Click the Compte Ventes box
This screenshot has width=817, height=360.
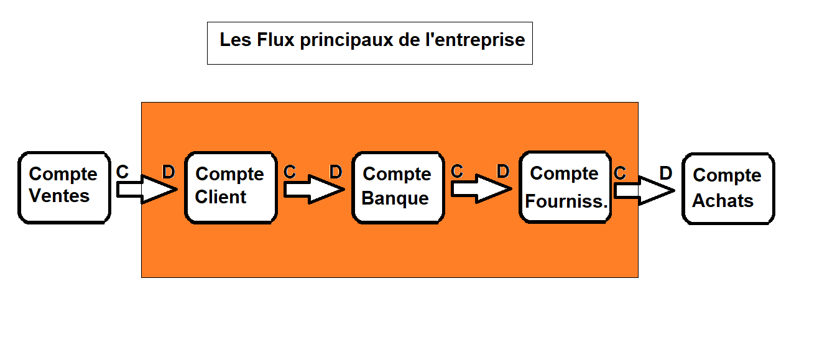[x=64, y=187]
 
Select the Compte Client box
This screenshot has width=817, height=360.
[x=231, y=187]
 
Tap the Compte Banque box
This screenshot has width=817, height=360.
[x=398, y=187]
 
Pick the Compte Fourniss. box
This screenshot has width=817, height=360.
[x=565, y=187]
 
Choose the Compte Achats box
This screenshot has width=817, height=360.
[x=728, y=188]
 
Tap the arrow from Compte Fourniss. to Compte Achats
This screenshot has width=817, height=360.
[x=644, y=190]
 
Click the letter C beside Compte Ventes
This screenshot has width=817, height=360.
[x=122, y=172]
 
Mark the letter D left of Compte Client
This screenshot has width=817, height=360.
[x=168, y=172]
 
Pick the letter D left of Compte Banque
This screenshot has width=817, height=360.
[x=336, y=172]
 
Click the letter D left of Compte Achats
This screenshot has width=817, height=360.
[x=666, y=173]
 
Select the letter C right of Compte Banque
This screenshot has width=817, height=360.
[x=457, y=171]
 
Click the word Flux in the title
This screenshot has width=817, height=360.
[x=273, y=40]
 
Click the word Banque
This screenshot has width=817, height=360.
[x=395, y=198]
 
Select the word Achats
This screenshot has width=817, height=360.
[x=723, y=201]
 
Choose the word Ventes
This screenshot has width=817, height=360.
[x=60, y=196]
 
